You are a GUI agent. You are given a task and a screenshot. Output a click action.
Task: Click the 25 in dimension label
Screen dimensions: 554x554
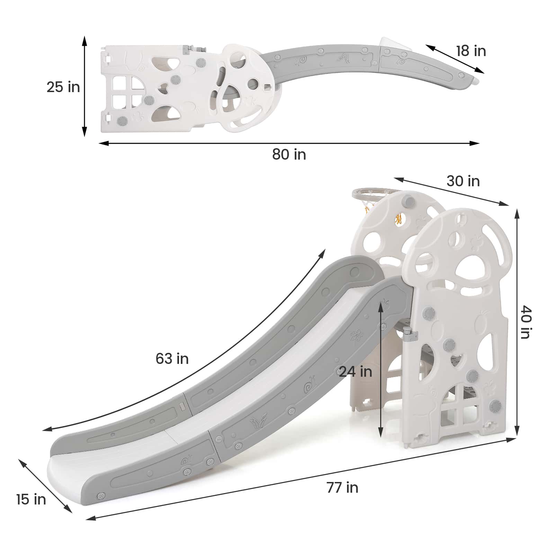pos(63,87)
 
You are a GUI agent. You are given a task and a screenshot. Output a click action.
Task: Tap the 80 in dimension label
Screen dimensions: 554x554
pos(289,154)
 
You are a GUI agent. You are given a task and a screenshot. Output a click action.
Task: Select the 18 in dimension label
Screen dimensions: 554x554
pos(471,51)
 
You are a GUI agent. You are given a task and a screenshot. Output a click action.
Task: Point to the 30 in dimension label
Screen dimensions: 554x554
pos(463,181)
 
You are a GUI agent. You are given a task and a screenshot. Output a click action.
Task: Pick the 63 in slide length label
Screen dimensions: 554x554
pos(172,359)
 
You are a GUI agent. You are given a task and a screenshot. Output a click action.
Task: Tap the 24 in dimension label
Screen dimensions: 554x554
pos(356,372)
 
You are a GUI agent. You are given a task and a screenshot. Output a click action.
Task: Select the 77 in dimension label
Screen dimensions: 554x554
pos(342,488)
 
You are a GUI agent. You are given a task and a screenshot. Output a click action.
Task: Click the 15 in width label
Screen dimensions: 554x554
pos(31,499)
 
